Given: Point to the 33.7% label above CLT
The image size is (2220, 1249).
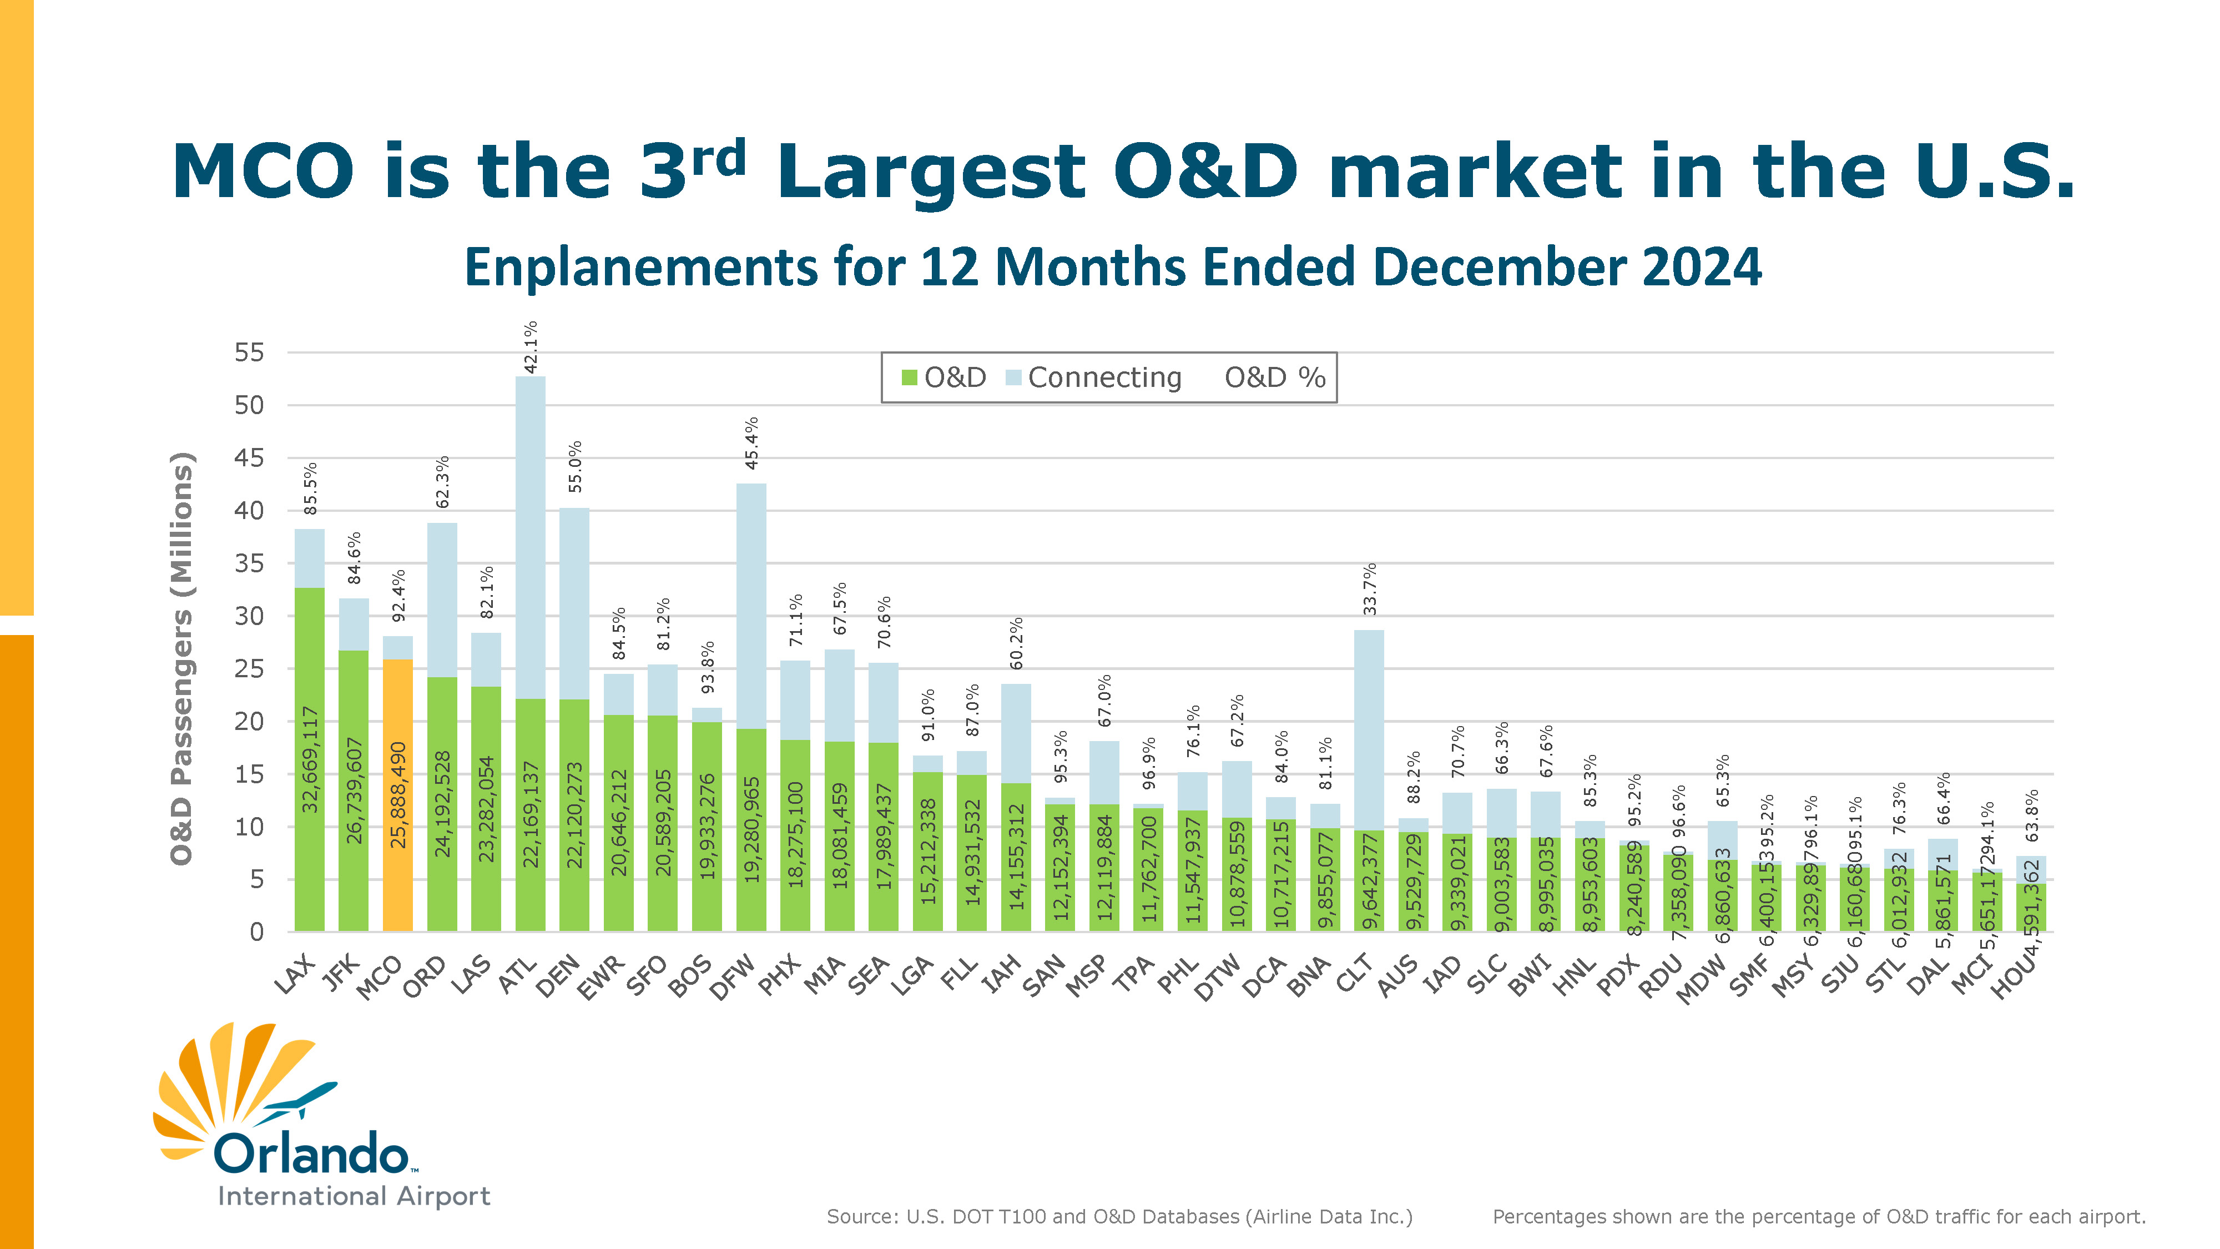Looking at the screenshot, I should tap(1369, 589).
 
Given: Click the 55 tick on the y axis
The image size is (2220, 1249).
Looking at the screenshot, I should tap(249, 352).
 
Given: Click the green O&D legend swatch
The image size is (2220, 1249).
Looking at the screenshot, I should tap(909, 377).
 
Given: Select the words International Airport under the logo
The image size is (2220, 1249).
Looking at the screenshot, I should tap(354, 1196).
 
